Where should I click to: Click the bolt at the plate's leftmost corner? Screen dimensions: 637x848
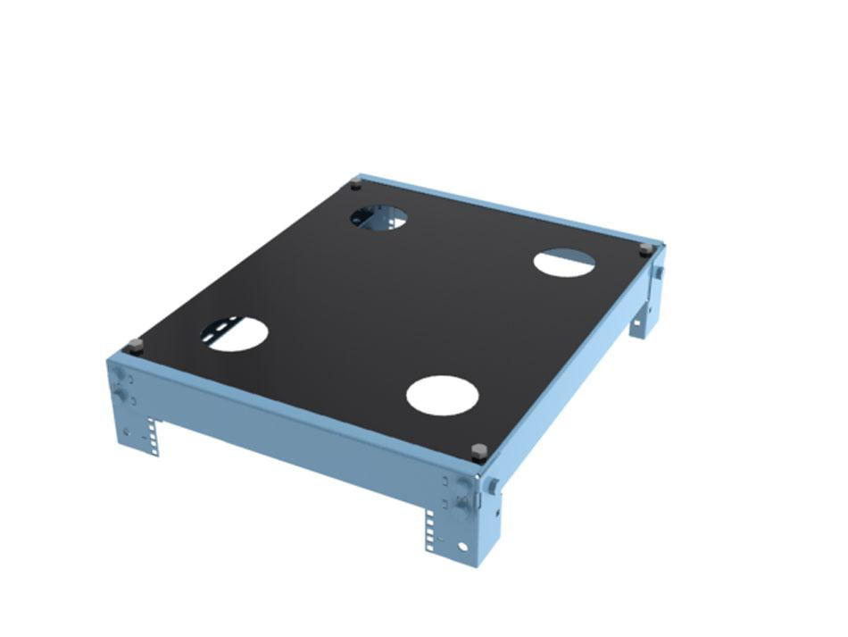(136, 345)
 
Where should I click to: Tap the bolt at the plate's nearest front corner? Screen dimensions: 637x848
(479, 449)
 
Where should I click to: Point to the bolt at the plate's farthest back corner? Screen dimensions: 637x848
(356, 184)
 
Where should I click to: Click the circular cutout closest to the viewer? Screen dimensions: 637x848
(443, 395)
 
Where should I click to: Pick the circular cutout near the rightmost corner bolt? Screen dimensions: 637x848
(564, 263)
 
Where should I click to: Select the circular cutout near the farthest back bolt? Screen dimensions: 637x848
(378, 216)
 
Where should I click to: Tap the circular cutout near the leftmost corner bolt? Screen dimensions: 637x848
(237, 333)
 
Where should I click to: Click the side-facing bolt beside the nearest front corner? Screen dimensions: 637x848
(492, 487)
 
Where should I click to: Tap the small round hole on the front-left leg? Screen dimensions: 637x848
(127, 432)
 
